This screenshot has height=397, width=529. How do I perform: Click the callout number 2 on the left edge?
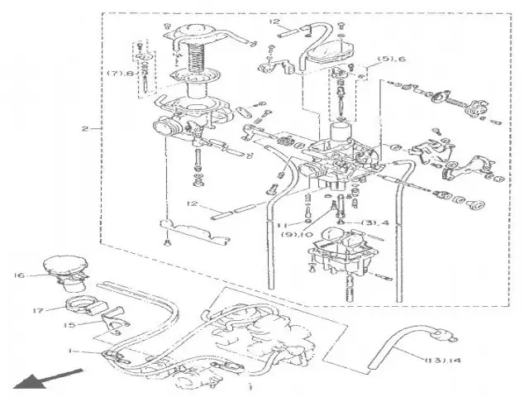85,129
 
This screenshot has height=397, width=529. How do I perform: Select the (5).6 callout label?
390,60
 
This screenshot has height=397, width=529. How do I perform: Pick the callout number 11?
282,223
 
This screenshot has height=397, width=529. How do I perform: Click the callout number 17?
38,311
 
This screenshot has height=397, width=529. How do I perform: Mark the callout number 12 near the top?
274,22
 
